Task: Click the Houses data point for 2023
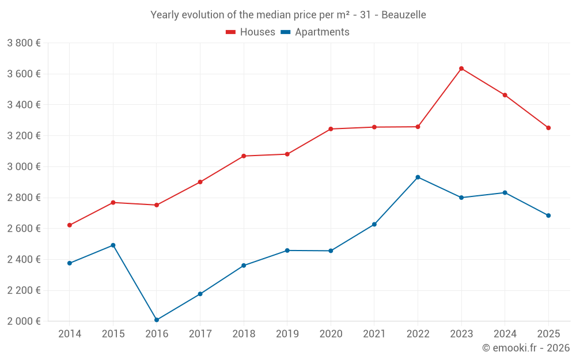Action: click(461, 69)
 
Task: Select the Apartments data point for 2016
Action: click(157, 320)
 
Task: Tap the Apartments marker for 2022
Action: click(418, 177)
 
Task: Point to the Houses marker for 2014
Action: click(70, 225)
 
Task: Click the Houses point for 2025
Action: click(548, 128)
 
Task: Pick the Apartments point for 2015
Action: click(113, 245)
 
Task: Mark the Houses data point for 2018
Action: click(244, 156)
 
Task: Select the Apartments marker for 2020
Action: click(331, 251)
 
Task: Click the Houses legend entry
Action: click(251, 32)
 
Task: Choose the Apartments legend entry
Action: click(315, 32)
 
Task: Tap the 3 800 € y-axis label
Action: click(24, 43)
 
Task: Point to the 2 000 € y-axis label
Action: click(24, 321)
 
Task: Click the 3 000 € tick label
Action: click(24, 166)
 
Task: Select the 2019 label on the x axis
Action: click(287, 334)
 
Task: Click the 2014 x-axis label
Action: click(70, 334)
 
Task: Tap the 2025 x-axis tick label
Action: click(548, 334)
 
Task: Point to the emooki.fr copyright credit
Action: click(525, 348)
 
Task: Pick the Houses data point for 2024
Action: click(505, 95)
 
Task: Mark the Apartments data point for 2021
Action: click(374, 224)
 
